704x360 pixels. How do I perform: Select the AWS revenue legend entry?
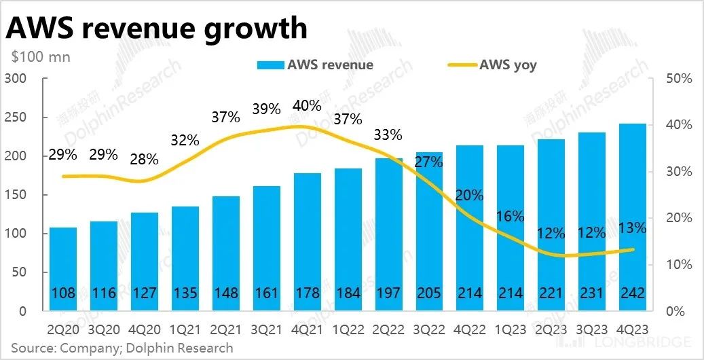pos(315,65)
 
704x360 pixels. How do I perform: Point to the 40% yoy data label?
pos(307,106)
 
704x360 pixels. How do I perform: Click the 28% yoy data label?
pos(144,160)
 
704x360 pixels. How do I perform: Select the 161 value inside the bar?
pos(266,293)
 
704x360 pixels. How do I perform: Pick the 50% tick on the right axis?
pos(678,79)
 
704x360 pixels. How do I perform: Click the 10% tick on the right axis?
pos(678,264)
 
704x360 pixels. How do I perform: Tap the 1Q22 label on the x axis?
pos(347,329)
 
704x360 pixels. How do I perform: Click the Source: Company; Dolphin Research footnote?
pos(122,348)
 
